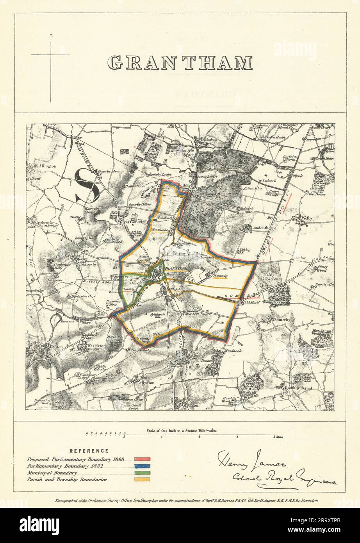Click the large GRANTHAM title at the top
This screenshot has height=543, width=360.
[180, 63]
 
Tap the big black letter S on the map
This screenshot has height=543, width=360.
[87, 185]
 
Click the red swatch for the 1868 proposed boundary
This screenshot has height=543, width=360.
[143, 459]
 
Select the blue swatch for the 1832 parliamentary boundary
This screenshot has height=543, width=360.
[143, 466]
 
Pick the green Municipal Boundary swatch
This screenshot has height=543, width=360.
[143, 473]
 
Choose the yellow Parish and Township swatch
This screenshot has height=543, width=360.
[143, 480]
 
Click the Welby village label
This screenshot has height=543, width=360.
[306, 218]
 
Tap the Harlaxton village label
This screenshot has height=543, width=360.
[91, 346]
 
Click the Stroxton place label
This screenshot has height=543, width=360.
[146, 383]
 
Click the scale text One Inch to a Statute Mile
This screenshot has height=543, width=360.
[176, 430]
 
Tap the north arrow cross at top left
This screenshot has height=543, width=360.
[50, 55]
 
